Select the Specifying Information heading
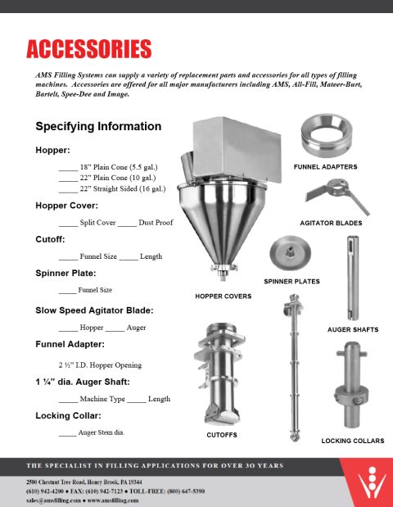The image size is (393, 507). point(98,127)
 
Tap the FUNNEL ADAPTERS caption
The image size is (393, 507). point(325,166)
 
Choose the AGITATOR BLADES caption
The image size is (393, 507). point(331,223)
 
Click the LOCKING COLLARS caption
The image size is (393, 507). point(353,441)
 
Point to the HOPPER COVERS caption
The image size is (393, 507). point(223,296)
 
